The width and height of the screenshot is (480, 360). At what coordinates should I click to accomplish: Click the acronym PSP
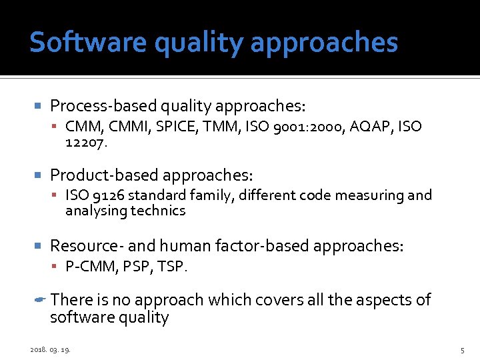click(x=135, y=267)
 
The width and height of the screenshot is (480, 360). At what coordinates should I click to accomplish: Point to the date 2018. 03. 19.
click(x=50, y=349)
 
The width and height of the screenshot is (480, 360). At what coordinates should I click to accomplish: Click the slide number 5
click(x=461, y=349)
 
